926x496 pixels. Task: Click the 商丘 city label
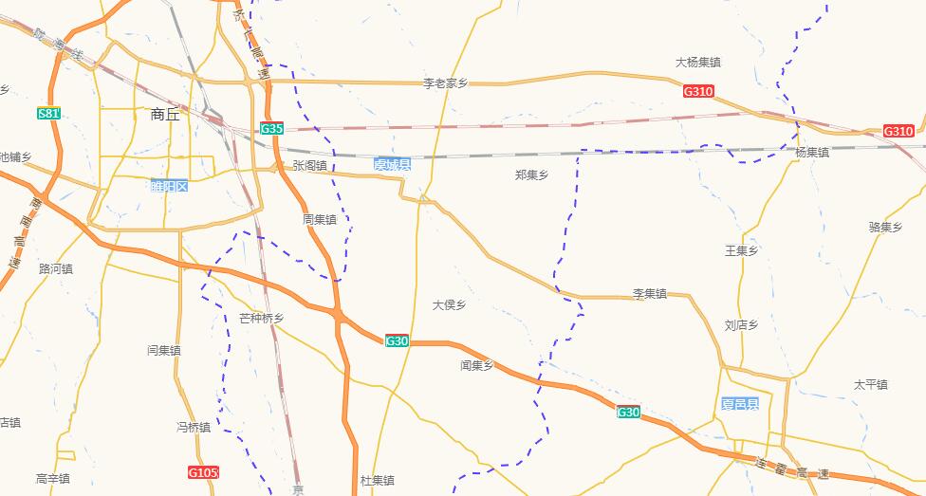tap(164, 115)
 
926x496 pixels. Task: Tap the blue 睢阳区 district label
tap(169, 186)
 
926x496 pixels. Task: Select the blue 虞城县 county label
tap(392, 165)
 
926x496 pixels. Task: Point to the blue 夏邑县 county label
tap(739, 404)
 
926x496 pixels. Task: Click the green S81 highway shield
tap(49, 114)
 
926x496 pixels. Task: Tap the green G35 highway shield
tap(271, 128)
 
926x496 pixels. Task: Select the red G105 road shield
tap(203, 472)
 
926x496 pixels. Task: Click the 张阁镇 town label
tap(309, 165)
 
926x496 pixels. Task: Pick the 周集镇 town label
tap(320, 219)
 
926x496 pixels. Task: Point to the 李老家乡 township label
tap(445, 83)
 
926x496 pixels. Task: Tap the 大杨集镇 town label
tap(697, 63)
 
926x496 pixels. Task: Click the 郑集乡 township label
tap(531, 175)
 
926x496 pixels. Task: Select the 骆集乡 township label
tap(885, 228)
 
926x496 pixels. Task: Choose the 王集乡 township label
tap(741, 251)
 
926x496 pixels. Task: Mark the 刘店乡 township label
tap(741, 325)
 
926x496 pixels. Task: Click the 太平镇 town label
tap(870, 385)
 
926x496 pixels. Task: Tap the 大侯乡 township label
tap(449, 305)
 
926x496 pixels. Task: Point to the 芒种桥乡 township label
tap(261, 319)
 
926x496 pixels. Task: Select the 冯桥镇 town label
tap(194, 427)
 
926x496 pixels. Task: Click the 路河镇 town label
tap(56, 269)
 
